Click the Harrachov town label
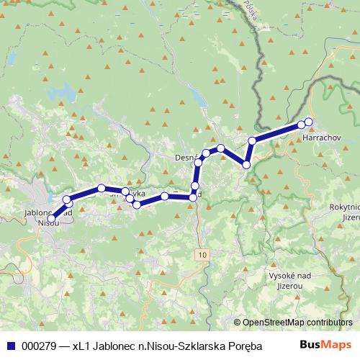(318, 136)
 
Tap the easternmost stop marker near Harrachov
(309, 122)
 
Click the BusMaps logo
(331, 344)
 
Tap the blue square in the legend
(11, 345)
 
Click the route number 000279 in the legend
(39, 345)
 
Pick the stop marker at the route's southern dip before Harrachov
(247, 165)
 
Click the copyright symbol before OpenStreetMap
(238, 323)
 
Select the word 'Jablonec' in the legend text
(113, 345)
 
